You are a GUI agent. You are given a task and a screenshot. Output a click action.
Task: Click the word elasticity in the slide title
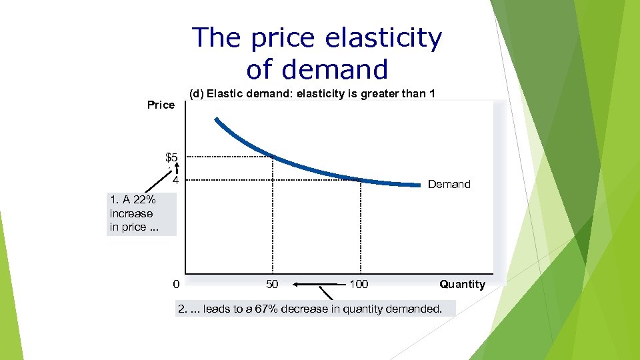coord(383,39)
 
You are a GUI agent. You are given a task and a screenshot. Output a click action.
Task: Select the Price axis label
coord(161,105)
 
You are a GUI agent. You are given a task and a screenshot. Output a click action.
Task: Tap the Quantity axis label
coord(462,285)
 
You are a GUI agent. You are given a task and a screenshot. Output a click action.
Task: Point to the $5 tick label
coord(171,158)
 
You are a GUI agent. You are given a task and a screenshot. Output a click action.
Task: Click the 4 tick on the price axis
coord(175,181)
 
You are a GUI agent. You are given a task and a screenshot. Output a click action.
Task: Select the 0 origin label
coord(175,285)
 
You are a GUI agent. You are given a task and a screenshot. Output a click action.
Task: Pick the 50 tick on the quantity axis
coord(272,285)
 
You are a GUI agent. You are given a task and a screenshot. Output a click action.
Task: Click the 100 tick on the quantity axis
coord(359,285)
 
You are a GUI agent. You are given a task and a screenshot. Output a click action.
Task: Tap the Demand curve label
coord(449,184)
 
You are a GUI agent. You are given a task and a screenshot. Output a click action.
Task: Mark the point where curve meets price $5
coord(272,157)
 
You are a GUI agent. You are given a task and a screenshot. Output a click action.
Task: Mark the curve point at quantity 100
coord(361,179)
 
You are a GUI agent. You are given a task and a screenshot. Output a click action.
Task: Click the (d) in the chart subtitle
coord(197,93)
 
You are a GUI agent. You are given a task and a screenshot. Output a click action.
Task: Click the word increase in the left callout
coord(131,214)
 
